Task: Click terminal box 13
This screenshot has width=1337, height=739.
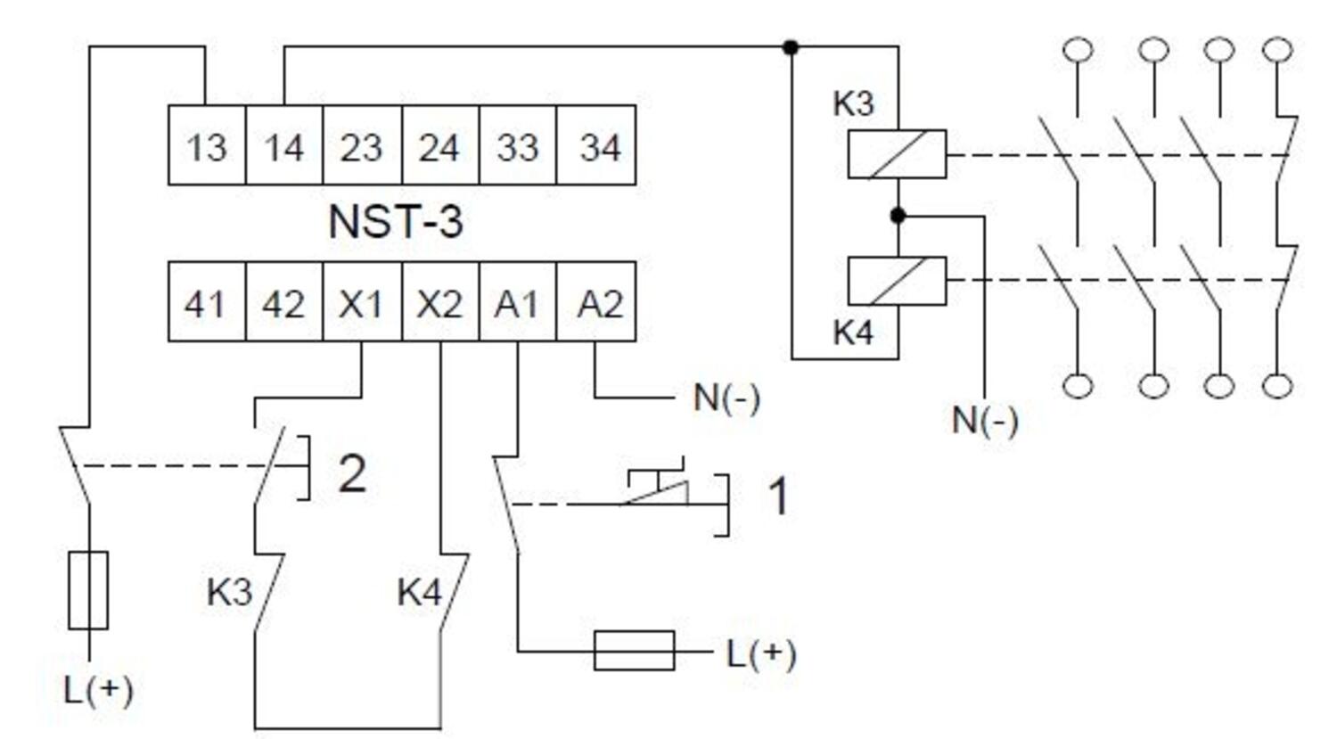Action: point(207,145)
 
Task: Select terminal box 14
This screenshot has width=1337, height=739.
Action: point(283,145)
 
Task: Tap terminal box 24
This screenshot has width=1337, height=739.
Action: point(439,145)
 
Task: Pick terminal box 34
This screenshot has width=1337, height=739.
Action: point(597,145)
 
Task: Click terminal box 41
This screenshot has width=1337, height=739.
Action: point(207,303)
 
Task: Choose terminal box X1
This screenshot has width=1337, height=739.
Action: point(361,303)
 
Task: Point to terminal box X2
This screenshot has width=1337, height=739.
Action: point(439,303)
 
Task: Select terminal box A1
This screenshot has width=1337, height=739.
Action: point(517,303)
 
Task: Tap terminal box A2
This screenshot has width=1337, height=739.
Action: point(597,303)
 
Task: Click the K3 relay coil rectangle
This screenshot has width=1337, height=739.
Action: point(897,154)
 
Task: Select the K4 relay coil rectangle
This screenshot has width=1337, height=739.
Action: point(897,281)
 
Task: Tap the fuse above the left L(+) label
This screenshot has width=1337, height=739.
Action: point(88,590)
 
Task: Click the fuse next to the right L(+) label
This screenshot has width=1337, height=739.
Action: point(634,650)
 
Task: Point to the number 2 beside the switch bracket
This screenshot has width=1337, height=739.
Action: point(352,473)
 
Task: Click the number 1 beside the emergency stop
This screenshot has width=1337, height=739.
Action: point(778,496)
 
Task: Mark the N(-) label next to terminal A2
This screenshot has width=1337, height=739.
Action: point(726,398)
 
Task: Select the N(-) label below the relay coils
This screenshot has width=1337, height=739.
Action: point(985,420)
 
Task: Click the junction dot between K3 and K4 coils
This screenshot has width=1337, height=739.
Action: point(898,216)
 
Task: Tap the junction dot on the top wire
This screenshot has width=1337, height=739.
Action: point(791,47)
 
